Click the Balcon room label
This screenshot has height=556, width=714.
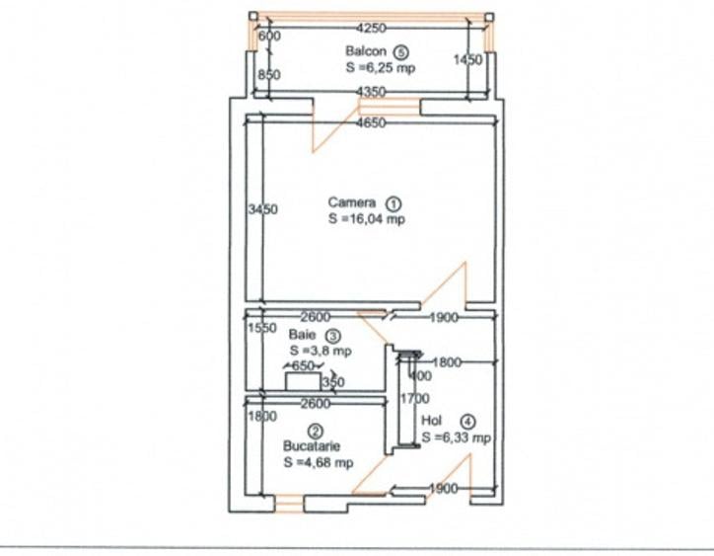366,51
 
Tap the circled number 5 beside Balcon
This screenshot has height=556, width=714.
400,52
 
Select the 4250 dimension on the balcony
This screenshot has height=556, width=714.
371,29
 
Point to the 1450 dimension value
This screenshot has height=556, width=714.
467,60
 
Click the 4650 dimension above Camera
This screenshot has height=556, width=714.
371,122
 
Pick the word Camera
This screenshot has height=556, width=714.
351,202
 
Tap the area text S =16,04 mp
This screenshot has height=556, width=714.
367,219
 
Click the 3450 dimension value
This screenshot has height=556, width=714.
263,209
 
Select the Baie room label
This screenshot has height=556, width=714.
302,335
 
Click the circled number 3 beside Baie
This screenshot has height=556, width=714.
332,336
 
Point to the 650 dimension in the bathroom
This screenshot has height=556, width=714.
303,365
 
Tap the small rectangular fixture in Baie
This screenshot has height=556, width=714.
303,382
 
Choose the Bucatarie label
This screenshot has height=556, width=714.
312,446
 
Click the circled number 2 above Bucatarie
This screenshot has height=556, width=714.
316,432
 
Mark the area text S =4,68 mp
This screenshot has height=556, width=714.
319,462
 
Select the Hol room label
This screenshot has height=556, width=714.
432,420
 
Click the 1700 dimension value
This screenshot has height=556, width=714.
415,399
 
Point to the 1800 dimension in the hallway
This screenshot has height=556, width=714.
446,362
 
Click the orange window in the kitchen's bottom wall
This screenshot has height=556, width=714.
289,504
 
